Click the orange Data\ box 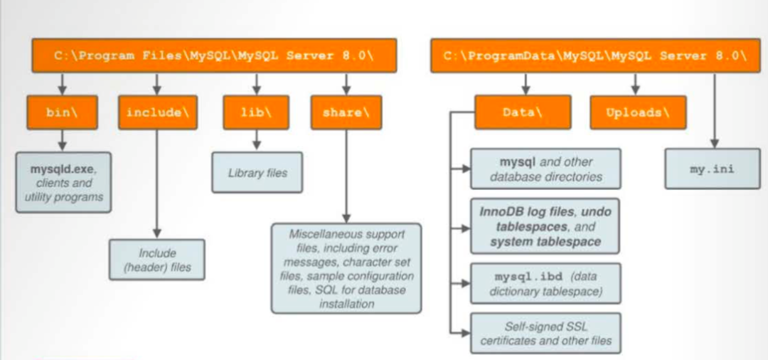(x=523, y=112)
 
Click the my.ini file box (x=712, y=169)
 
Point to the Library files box (x=257, y=172)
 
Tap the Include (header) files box (x=156, y=260)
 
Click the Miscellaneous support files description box (x=346, y=268)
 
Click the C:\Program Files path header (x=214, y=55)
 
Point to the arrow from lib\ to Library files (x=257, y=139)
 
